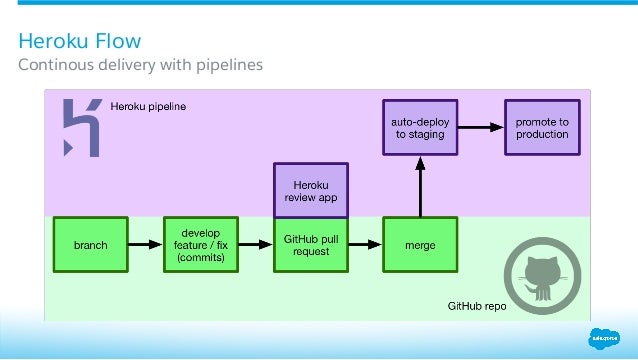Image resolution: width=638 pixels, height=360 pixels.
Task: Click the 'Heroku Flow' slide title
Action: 81,42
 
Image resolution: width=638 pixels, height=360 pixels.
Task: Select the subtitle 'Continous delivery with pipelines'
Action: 141,66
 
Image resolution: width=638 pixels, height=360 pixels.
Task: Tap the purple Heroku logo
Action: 80,128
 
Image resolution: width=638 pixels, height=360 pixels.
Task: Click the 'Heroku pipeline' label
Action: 148,105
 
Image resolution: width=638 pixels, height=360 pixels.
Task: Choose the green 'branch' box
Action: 91,245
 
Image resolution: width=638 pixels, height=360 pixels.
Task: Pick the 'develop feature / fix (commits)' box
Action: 201,245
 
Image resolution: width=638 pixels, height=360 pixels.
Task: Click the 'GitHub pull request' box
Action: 311,245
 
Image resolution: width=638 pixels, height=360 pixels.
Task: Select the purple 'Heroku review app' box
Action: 311,190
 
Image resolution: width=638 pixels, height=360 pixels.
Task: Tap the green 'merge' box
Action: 420,245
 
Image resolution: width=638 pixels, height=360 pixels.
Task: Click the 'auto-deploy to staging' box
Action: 420,127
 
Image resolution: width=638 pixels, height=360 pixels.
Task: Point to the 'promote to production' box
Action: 542,127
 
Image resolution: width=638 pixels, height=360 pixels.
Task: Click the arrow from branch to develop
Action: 146,245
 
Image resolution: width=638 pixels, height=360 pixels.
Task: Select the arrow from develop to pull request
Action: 256,245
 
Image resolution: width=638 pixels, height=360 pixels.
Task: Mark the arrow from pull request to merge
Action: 365,245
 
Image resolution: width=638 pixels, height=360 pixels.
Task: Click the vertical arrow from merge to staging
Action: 420,186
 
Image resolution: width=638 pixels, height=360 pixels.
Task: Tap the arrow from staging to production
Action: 481,127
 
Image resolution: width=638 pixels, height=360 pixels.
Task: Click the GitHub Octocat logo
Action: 540,270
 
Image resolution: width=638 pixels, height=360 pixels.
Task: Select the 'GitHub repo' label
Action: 476,307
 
